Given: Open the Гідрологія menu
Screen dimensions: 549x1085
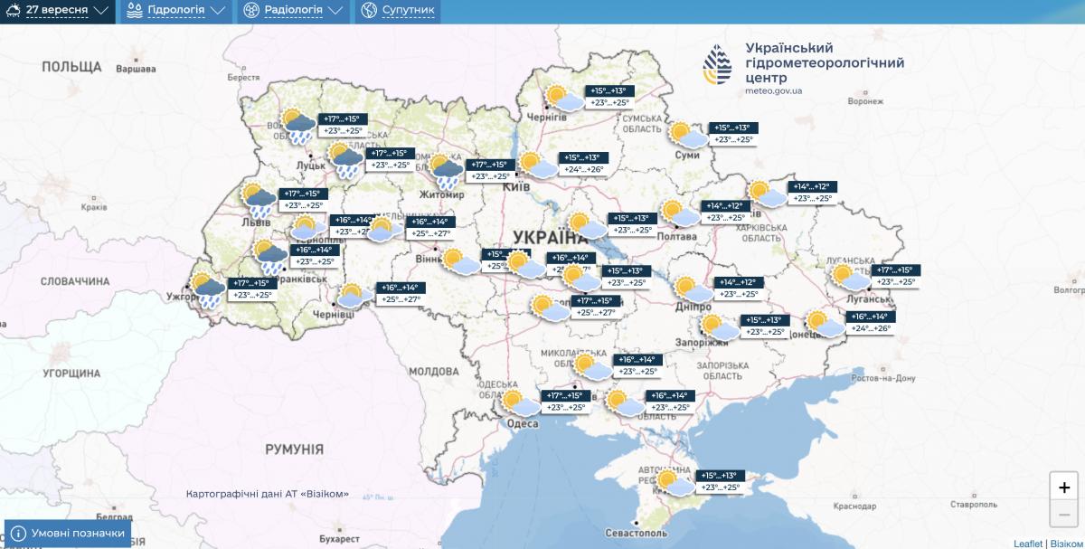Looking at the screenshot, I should [175, 11].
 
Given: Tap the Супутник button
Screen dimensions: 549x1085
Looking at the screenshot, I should [398, 11].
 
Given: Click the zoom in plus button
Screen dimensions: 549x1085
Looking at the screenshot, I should [1063, 486].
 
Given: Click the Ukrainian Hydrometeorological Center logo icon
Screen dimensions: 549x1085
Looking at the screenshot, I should [720, 64].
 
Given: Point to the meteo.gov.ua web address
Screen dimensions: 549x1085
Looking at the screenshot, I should [773, 91].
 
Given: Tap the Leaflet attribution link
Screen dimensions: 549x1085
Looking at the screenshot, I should [1027, 544].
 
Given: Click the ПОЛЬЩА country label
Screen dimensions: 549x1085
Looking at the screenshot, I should [71, 67].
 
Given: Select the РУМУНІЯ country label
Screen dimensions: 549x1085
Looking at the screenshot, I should [294, 449].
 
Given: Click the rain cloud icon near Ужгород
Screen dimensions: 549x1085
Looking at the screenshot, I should [208, 290].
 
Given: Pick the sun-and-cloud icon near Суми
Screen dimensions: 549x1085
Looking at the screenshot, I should [688, 136].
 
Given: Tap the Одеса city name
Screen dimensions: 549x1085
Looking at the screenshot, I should [523, 424].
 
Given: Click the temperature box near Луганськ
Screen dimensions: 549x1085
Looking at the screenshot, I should [895, 276].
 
